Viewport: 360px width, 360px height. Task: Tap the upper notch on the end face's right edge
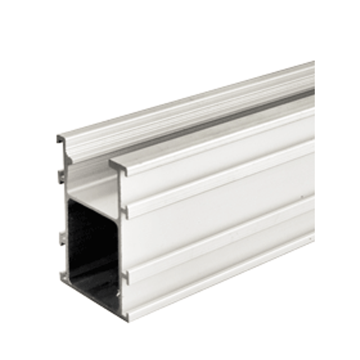[x=126, y=212]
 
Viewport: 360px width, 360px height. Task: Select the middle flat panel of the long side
[x=223, y=223]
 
